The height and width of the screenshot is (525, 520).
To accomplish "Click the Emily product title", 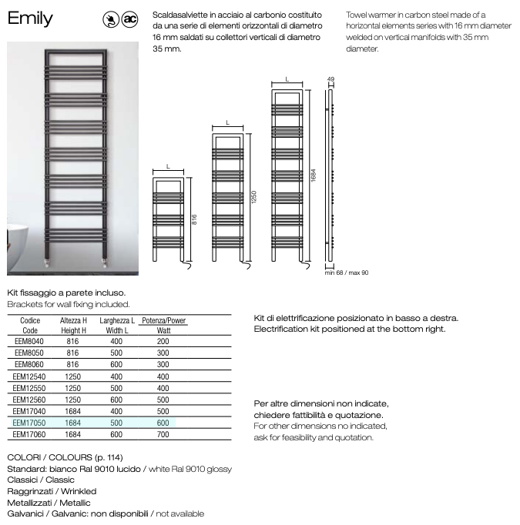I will [30, 18].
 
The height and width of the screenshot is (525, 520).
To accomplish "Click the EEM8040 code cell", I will [30, 340].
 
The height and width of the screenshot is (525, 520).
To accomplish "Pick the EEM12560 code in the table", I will [30, 400].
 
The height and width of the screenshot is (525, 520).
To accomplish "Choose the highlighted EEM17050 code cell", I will [30, 423].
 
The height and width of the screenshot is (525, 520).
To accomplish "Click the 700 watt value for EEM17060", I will [163, 434].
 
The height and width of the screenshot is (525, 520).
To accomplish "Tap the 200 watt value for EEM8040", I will [163, 340].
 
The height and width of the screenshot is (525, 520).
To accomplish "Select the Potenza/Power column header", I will [163, 321].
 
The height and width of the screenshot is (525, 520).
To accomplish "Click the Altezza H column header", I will [73, 321].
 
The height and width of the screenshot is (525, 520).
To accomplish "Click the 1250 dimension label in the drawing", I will [253, 197].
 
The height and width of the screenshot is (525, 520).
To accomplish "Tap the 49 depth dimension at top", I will [330, 79].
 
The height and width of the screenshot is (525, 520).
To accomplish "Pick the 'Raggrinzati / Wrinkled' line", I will [52, 491].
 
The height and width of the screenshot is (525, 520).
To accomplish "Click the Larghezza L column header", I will [117, 321].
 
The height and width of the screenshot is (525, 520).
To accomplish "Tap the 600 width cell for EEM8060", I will [116, 364].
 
